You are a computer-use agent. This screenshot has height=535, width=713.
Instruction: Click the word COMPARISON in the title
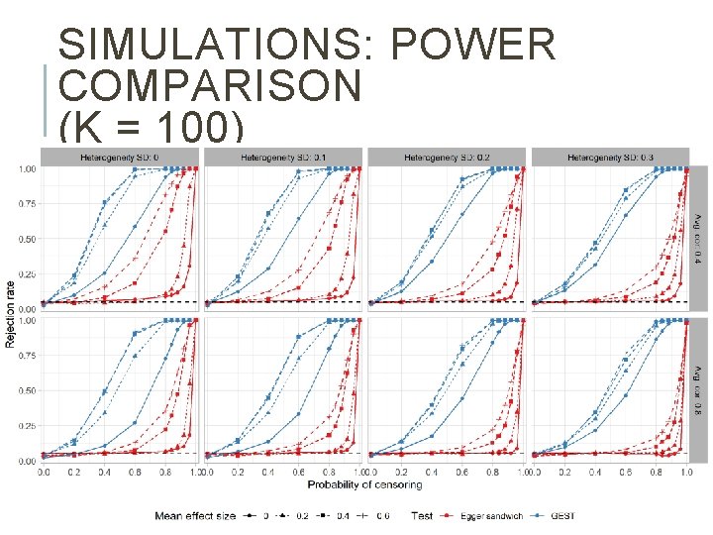click(x=210, y=87)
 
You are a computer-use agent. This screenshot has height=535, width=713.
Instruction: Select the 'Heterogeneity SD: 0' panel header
click(x=120, y=157)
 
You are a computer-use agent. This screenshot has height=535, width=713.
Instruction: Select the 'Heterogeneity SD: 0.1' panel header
click(x=284, y=157)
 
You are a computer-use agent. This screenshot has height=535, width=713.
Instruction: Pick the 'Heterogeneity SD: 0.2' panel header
click(x=448, y=157)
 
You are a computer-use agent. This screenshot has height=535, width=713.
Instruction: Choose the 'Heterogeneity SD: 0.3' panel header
click(x=611, y=157)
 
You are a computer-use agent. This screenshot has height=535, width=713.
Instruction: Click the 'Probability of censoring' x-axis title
click(x=364, y=483)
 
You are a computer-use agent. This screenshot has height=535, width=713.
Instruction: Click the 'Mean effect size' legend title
click(x=194, y=516)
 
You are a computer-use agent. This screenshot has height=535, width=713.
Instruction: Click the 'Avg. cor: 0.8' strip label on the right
click(x=698, y=388)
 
